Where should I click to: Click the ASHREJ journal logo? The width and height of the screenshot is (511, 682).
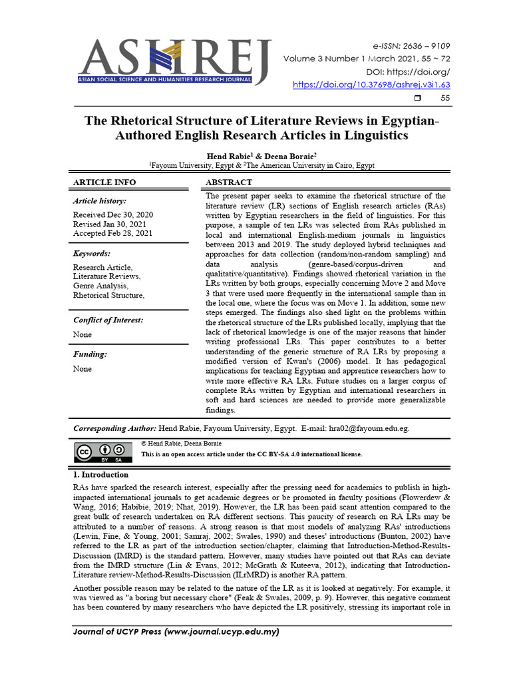coord(174,61)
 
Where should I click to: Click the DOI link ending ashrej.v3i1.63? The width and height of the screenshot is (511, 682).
coord(372,85)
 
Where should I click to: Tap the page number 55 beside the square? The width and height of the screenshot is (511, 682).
coord(445,99)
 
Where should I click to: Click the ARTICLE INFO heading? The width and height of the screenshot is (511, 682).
coord(104,182)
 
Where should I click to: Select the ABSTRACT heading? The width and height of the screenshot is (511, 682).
coord(229,182)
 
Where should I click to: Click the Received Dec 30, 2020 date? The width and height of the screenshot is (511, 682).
coord(113,214)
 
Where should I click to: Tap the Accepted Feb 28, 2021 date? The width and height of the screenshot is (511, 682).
coord(113,233)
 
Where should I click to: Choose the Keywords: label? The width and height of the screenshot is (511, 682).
coord(92,254)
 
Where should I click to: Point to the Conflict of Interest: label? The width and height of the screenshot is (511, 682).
coord(108,320)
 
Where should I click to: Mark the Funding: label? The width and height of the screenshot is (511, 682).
coord(90,355)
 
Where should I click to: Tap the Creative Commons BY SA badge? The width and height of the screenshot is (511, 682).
coord(102,452)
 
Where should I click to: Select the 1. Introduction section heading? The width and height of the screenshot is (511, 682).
coord(100,475)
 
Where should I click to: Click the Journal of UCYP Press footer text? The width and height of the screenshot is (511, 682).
coord(176,631)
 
